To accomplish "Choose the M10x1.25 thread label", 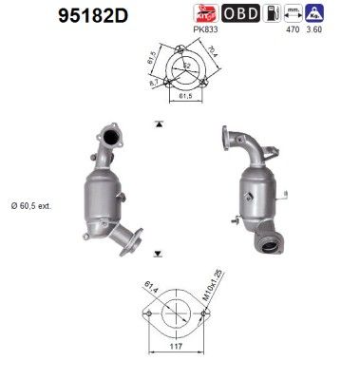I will pyautogui.click(x=218, y=283).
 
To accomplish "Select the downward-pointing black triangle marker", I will pyautogui.click(x=155, y=252).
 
